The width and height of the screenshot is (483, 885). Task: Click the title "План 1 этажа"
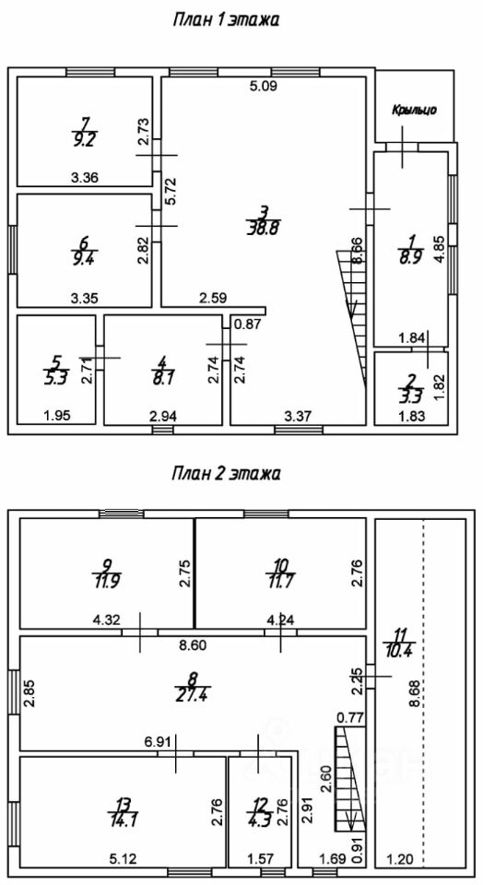click(226, 20)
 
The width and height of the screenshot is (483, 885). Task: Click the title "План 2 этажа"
click(226, 473)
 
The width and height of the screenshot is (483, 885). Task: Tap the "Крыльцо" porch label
click(414, 110)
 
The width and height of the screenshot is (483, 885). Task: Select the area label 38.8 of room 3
click(264, 228)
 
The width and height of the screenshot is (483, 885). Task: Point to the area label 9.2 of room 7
click(84, 140)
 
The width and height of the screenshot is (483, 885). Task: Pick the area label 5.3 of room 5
click(56, 378)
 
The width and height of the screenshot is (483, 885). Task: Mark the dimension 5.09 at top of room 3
click(265, 87)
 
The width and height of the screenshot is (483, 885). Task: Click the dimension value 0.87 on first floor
click(246, 324)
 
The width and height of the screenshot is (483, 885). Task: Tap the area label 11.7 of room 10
click(280, 580)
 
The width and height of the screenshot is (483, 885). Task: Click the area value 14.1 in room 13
click(123, 819)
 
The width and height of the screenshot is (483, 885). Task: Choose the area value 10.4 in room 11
click(398, 653)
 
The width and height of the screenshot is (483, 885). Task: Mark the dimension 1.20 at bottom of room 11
click(400, 859)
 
